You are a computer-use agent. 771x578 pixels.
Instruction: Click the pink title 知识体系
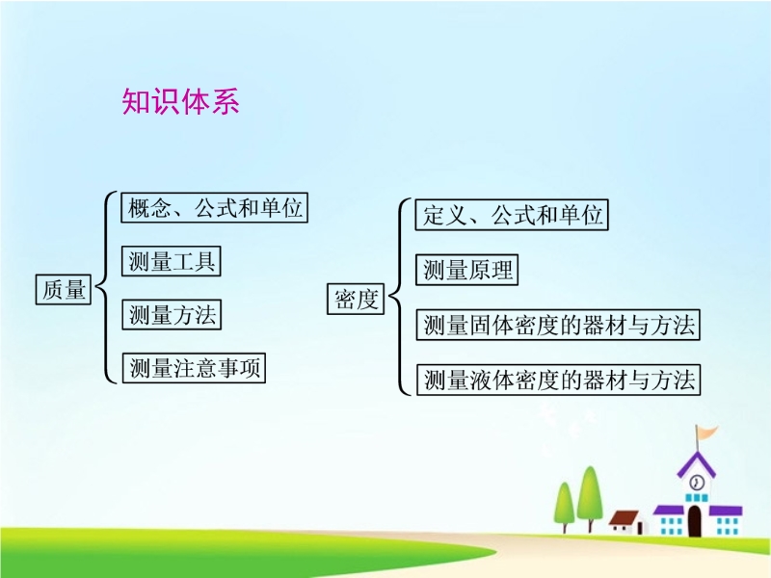click(180, 102)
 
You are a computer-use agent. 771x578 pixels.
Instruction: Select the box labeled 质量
click(64, 290)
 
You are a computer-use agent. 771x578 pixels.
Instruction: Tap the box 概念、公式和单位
click(214, 208)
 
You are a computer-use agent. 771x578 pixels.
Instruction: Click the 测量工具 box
click(172, 261)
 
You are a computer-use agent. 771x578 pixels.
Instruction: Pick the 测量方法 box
click(172, 315)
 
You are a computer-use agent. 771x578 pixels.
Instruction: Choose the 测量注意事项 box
click(194, 368)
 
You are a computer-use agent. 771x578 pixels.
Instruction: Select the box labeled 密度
click(356, 299)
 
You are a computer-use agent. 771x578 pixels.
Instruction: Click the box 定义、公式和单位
click(512, 215)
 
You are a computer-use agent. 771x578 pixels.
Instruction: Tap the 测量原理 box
click(467, 270)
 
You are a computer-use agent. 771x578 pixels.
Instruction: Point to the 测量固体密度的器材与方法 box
click(558, 325)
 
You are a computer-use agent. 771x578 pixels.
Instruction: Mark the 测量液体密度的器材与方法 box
click(559, 380)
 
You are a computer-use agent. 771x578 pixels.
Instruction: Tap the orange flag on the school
click(706, 433)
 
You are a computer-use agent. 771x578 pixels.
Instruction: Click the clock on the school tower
click(696, 483)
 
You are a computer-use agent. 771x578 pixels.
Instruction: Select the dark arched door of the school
click(694, 520)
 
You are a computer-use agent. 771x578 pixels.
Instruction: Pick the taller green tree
click(590, 497)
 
